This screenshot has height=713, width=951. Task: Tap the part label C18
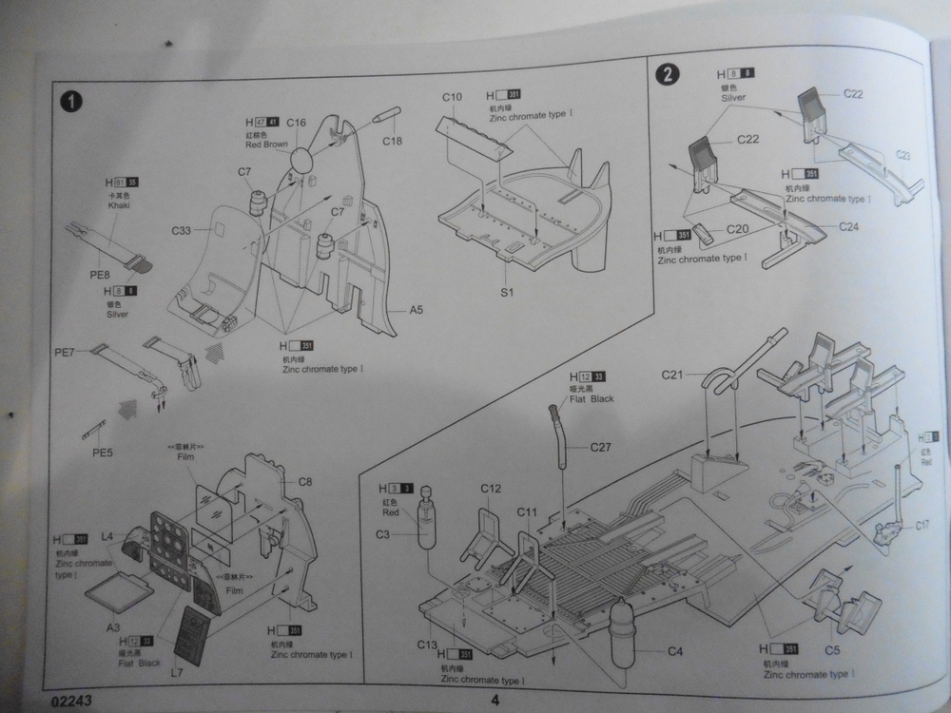[x=393, y=142]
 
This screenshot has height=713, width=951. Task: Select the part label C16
[x=296, y=123]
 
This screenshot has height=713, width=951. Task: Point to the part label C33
[x=184, y=230]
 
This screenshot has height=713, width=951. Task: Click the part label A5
[x=416, y=310]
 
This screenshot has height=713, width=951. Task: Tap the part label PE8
[x=101, y=275]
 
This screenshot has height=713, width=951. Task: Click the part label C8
[x=305, y=481]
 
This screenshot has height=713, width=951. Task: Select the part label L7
[x=176, y=673]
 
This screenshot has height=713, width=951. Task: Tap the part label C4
[x=675, y=651]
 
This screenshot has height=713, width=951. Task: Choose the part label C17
[x=923, y=524]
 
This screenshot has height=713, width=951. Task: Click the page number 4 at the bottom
[x=495, y=702]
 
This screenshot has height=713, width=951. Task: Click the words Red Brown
[x=265, y=145]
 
